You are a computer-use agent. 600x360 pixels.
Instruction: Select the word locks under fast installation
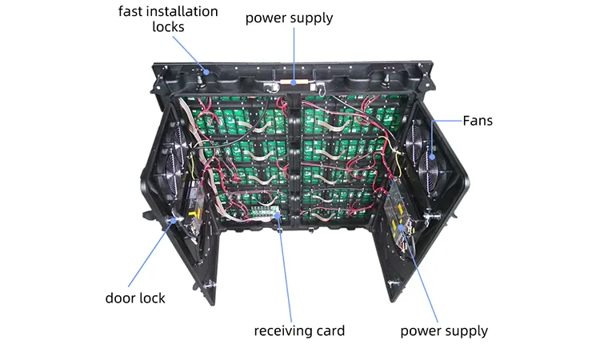click(x=168, y=26)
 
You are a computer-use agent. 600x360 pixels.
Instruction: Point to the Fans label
click(x=478, y=122)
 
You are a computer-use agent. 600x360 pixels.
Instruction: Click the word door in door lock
click(x=120, y=298)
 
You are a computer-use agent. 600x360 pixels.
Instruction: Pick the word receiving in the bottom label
click(x=284, y=330)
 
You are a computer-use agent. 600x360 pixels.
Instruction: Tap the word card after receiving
click(x=330, y=330)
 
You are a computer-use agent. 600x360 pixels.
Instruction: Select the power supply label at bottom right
click(x=444, y=330)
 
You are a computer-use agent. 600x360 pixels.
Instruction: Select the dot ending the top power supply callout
click(x=294, y=81)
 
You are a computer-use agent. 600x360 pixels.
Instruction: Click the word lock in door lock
click(x=152, y=298)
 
